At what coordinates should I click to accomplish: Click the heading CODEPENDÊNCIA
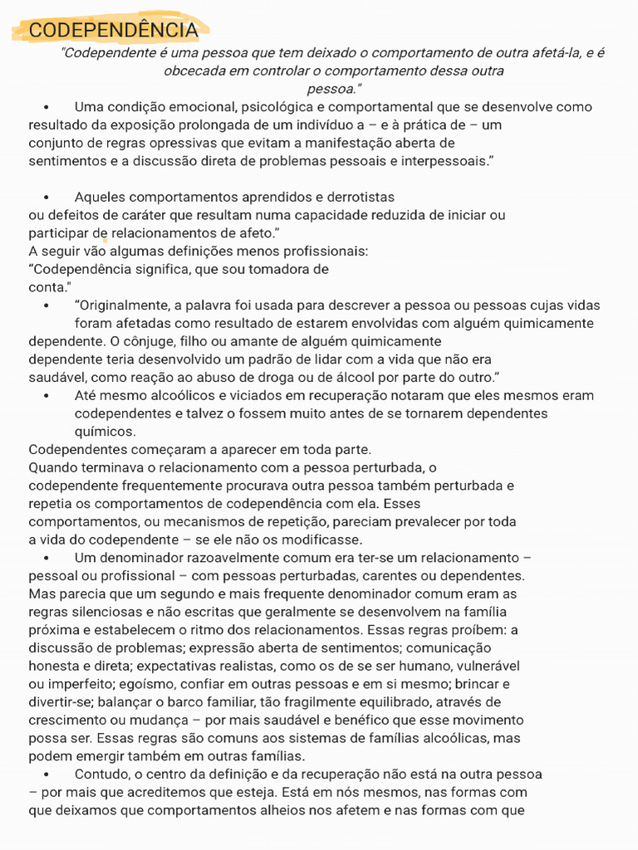113,31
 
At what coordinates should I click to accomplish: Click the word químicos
105,432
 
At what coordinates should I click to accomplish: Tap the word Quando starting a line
52,467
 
